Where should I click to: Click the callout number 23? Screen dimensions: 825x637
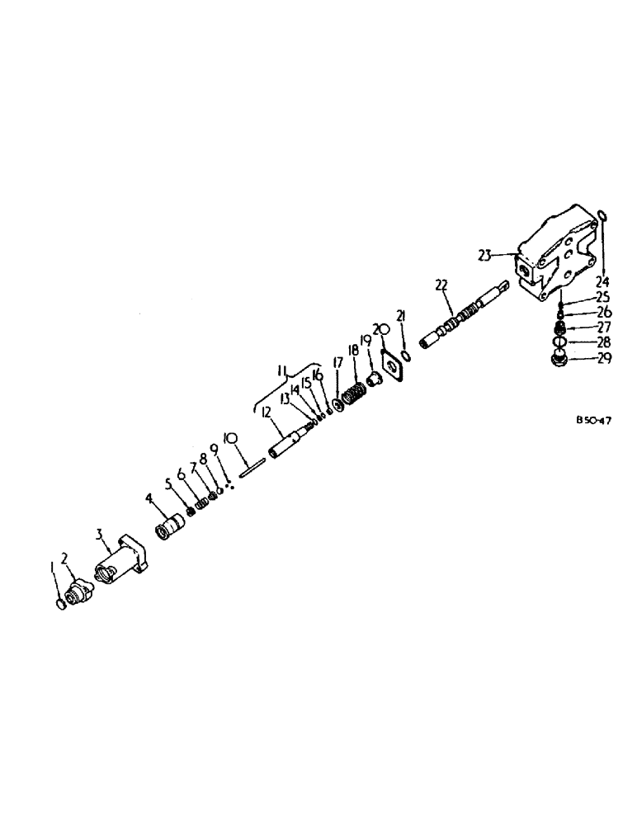485,255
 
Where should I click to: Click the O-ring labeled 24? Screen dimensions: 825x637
603,217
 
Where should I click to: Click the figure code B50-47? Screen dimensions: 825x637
593,419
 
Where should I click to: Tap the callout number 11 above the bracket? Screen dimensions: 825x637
283,373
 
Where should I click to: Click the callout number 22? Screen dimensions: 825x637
441,285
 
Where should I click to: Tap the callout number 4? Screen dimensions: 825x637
149,499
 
